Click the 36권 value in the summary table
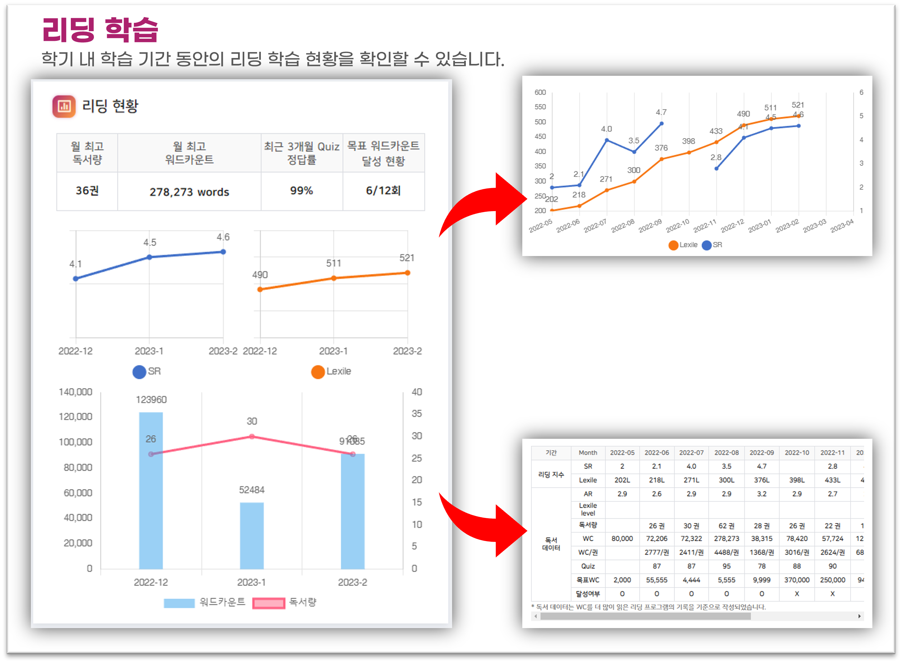pyautogui.click(x=87, y=191)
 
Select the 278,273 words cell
pyautogui.click(x=189, y=192)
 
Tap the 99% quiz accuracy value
pyautogui.click(x=301, y=191)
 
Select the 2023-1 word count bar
pyautogui.click(x=252, y=535)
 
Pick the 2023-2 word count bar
pyautogui.click(x=353, y=511)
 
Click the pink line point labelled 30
pyautogui.click(x=252, y=436)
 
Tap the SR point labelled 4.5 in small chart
pyautogui.click(x=149, y=257)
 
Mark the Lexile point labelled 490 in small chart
pyautogui.click(x=260, y=289)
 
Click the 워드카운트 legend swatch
pyautogui.click(x=179, y=603)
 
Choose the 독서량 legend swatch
pyautogui.click(x=269, y=603)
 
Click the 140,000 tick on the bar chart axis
pyautogui.click(x=76, y=392)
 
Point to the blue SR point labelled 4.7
pyautogui.click(x=661, y=123)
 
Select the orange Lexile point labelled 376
pyautogui.click(x=661, y=159)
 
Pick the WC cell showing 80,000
pyautogui.click(x=622, y=539)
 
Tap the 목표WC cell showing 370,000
pyautogui.click(x=797, y=580)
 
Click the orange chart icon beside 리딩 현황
pyautogui.click(x=64, y=106)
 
